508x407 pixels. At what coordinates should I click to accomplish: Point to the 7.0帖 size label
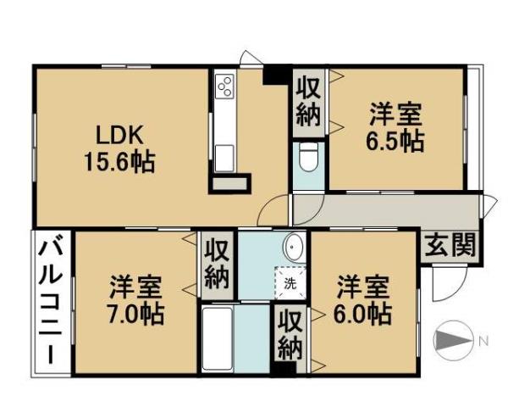point(136,313)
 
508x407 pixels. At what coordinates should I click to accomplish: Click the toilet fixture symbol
point(307,158)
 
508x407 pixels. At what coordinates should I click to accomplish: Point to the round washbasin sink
point(295,247)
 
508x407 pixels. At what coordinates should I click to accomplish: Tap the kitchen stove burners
point(225,86)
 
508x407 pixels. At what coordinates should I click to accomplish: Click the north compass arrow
point(456,342)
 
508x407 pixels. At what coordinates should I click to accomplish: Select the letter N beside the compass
point(483,342)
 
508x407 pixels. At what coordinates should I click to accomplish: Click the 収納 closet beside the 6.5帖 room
point(309,102)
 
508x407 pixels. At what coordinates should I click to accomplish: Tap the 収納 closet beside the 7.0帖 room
point(218,265)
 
